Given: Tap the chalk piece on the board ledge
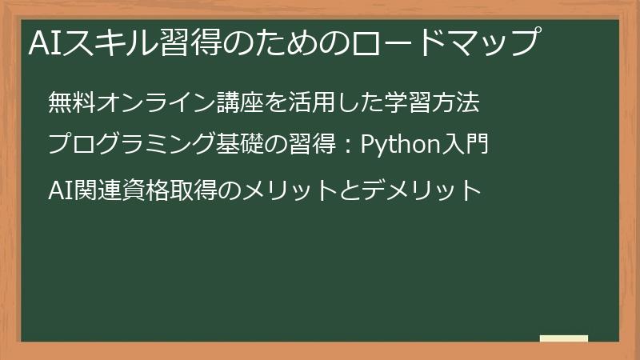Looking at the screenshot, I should [564, 339].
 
